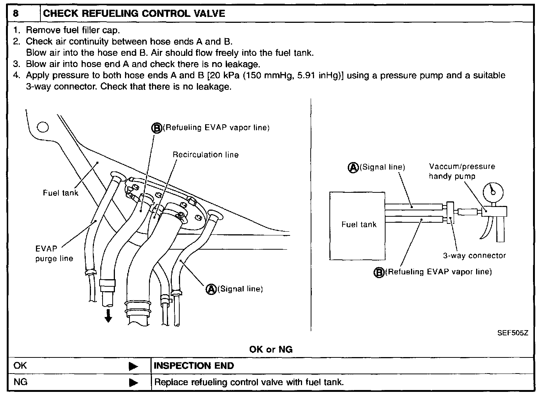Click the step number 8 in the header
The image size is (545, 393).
point(16,14)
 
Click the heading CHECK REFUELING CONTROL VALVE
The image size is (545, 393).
point(134,14)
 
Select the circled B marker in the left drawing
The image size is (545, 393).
point(156,128)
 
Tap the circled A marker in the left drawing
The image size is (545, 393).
point(211,289)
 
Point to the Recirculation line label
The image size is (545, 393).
point(205,155)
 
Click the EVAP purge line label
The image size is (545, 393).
point(54,253)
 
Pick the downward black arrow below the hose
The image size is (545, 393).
point(108,316)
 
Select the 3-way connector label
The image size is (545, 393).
point(474,256)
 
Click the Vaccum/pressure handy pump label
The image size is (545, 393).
point(462,171)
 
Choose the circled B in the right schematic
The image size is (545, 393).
point(379,272)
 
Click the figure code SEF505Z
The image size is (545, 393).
point(512,333)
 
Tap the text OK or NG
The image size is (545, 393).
point(271,349)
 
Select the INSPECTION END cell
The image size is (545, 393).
point(194,366)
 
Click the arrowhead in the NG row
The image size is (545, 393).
point(133,383)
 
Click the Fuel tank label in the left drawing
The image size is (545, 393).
point(61,193)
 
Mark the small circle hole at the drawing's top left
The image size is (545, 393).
point(43,128)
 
